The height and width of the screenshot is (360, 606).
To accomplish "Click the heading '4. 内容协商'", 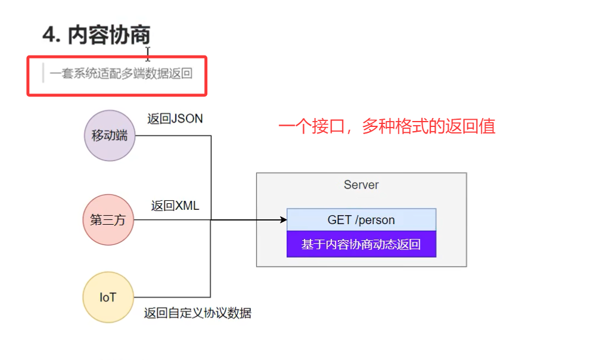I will point(96,36).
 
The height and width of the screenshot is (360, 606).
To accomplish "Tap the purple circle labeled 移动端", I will point(110,135).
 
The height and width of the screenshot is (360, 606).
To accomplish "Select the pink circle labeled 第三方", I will point(108,220).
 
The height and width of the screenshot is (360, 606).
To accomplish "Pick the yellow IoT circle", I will point(108,297).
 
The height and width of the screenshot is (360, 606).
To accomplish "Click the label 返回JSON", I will point(175,119).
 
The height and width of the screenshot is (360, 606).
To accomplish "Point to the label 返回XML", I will point(175,206).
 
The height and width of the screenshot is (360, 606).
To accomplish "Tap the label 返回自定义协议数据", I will point(197,313).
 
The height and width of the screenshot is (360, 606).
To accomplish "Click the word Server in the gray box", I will point(361,185).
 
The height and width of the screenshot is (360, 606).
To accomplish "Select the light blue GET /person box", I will point(361,220).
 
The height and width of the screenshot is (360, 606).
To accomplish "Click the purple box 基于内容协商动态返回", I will point(361,244).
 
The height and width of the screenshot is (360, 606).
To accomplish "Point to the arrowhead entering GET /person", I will point(283,220).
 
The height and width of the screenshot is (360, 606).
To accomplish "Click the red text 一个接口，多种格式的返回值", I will point(387,126).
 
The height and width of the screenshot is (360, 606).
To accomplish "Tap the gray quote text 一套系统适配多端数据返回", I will point(121,74).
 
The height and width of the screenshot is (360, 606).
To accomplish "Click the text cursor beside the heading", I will point(148,54).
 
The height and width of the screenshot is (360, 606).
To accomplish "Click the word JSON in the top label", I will point(187,119).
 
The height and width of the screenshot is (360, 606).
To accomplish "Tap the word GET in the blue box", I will point(339,220).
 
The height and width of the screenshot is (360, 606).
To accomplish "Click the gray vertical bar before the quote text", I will point(43,73).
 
